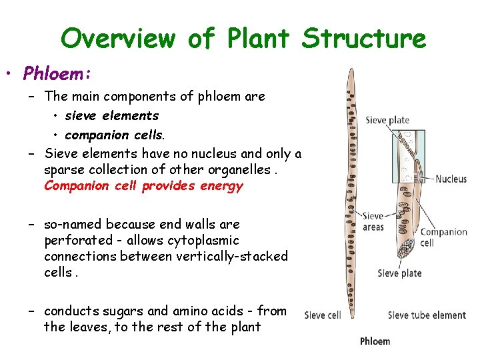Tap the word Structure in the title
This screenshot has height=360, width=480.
tap(363, 39)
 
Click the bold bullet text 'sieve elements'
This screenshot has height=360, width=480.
tap(111, 116)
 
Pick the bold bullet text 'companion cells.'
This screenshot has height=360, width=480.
tap(115, 135)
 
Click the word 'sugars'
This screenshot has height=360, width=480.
tap(121, 311)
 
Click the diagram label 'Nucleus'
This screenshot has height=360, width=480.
tap(451, 179)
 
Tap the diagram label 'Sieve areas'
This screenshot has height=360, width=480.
tap(373, 221)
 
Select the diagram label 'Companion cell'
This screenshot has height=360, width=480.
tap(443, 237)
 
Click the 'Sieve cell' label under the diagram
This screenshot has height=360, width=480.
tap(323, 315)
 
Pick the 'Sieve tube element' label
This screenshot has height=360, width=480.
tap(427, 315)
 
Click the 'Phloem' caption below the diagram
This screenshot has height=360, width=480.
tap(375, 341)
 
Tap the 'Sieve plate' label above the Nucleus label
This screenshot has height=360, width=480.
tap(387, 120)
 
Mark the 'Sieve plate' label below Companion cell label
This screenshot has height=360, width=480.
tap(399, 273)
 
